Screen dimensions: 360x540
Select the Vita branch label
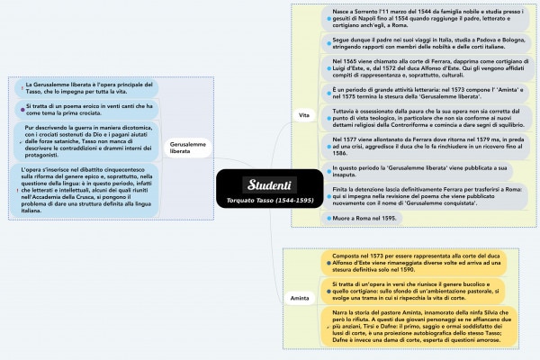[304, 114]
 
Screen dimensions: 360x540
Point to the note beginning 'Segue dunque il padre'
[414, 44]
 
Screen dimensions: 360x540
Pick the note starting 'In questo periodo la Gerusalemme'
[414, 171]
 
